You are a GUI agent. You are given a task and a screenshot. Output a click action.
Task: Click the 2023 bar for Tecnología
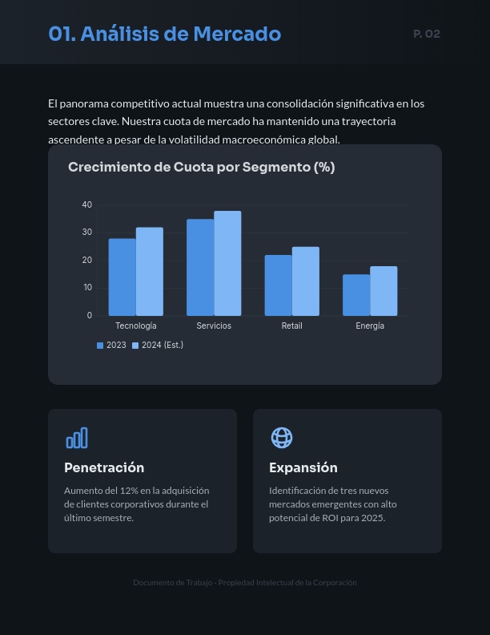[x=122, y=277]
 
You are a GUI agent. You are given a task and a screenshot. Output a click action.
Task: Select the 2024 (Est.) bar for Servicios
[x=227, y=263]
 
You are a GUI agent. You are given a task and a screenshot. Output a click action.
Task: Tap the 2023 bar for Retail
[x=278, y=285]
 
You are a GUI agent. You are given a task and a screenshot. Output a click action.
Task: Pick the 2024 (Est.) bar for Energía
[x=384, y=291]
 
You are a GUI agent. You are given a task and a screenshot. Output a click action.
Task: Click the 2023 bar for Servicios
[x=200, y=267]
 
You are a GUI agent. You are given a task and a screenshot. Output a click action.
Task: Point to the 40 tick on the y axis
[x=87, y=205]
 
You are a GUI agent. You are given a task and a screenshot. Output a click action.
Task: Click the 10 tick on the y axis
[x=87, y=288]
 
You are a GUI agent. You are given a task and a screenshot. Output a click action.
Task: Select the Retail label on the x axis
[x=291, y=326]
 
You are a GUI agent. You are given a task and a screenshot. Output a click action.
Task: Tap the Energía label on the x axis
[x=370, y=326]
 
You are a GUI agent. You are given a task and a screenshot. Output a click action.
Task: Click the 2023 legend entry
[x=111, y=346]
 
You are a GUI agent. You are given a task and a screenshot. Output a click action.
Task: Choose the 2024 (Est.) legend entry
[x=158, y=346]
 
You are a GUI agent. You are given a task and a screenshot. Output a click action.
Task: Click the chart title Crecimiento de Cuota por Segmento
[x=201, y=168]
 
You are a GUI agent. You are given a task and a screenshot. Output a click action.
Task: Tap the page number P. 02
[x=427, y=34]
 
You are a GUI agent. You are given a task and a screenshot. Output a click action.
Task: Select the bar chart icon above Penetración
[x=77, y=438]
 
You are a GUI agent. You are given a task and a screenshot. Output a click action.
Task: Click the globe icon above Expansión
[x=282, y=438]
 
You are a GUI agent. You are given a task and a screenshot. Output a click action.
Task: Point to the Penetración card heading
[x=104, y=467]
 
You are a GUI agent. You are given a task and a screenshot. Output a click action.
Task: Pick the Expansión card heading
[x=303, y=467]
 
